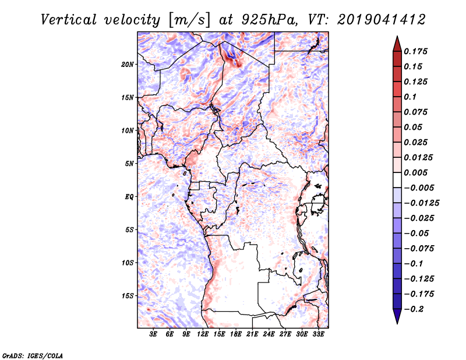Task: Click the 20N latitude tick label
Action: [x=128, y=65]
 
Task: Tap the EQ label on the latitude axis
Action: [x=129, y=197]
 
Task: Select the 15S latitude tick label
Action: [x=128, y=296]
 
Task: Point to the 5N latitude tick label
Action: [x=129, y=164]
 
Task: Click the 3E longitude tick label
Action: [x=153, y=334]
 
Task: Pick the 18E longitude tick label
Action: [x=236, y=334]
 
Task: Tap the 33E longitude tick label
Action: [x=318, y=334]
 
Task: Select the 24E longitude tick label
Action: [x=269, y=334]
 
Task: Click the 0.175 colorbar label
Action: [x=415, y=51]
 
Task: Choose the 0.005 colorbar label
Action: [x=415, y=172]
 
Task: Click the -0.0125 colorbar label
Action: [x=421, y=203]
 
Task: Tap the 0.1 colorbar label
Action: [x=410, y=97]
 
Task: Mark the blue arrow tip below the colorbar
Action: [x=397, y=323]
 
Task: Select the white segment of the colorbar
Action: [x=397, y=180]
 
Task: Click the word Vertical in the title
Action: [x=69, y=20]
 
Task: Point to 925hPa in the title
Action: [x=269, y=20]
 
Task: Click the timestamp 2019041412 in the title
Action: [x=382, y=20]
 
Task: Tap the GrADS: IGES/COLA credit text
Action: [x=33, y=355]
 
